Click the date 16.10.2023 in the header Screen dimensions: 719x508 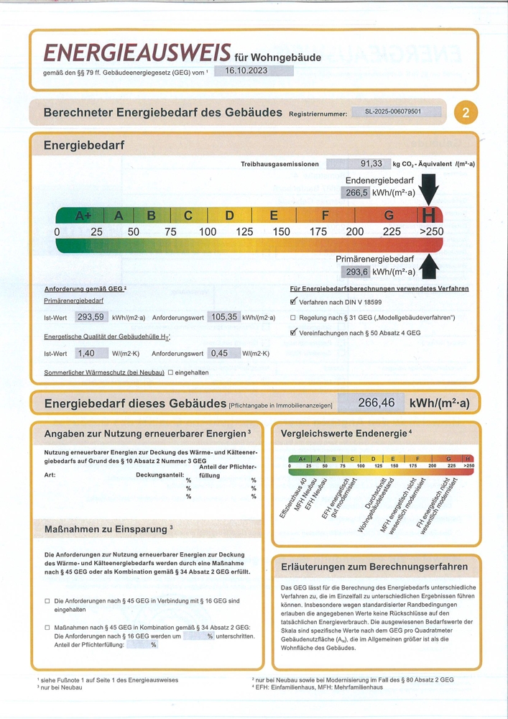(246, 71)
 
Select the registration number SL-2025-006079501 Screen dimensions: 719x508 (393, 113)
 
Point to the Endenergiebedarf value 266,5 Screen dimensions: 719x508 (356, 193)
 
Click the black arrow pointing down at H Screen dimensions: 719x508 (430, 191)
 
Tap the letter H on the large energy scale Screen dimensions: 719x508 (430, 214)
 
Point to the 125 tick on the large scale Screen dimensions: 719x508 (244, 232)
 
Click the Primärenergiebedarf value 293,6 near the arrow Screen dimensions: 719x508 (356, 272)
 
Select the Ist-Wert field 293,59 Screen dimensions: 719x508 (91, 317)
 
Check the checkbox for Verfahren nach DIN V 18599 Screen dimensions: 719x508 (293, 302)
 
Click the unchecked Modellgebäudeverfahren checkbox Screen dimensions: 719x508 (293, 318)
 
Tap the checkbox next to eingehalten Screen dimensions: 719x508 (171, 372)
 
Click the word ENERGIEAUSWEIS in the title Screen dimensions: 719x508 (137, 52)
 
